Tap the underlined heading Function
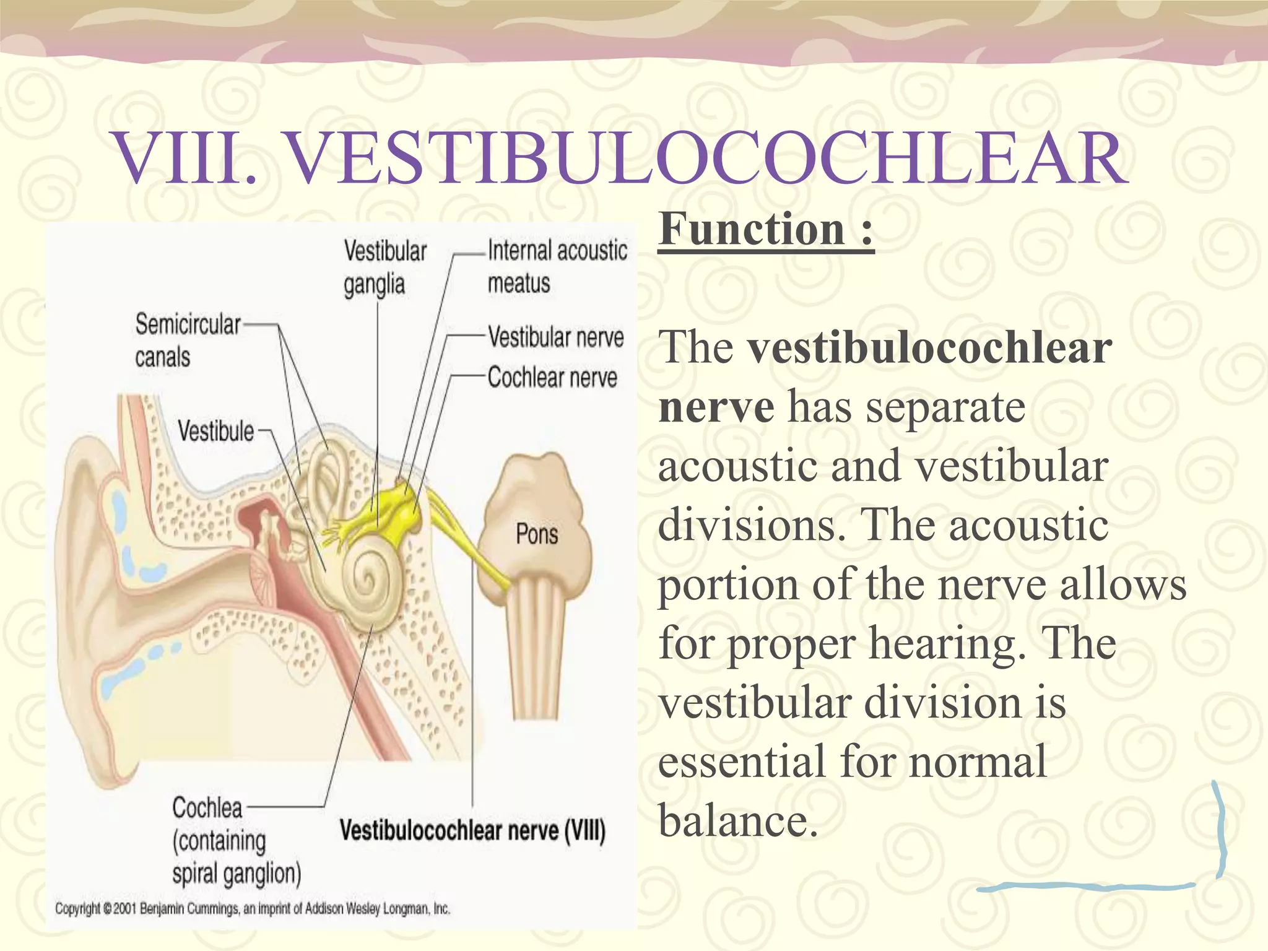pyautogui.click(x=765, y=230)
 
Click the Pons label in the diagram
pyautogui.click(x=537, y=534)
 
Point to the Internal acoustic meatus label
pyautogui.click(x=557, y=266)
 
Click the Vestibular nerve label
pyautogui.click(x=555, y=338)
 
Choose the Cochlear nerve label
pyautogui.click(x=552, y=378)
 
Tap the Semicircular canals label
pyautogui.click(x=187, y=341)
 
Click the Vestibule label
pyautogui.click(x=215, y=431)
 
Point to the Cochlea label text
pyautogui.click(x=207, y=808)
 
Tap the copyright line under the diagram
pyautogui.click(x=252, y=909)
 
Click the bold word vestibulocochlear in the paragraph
pyautogui.click(x=929, y=348)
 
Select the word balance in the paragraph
pyautogui.click(x=738, y=820)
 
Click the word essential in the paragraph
pyautogui.click(x=741, y=762)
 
